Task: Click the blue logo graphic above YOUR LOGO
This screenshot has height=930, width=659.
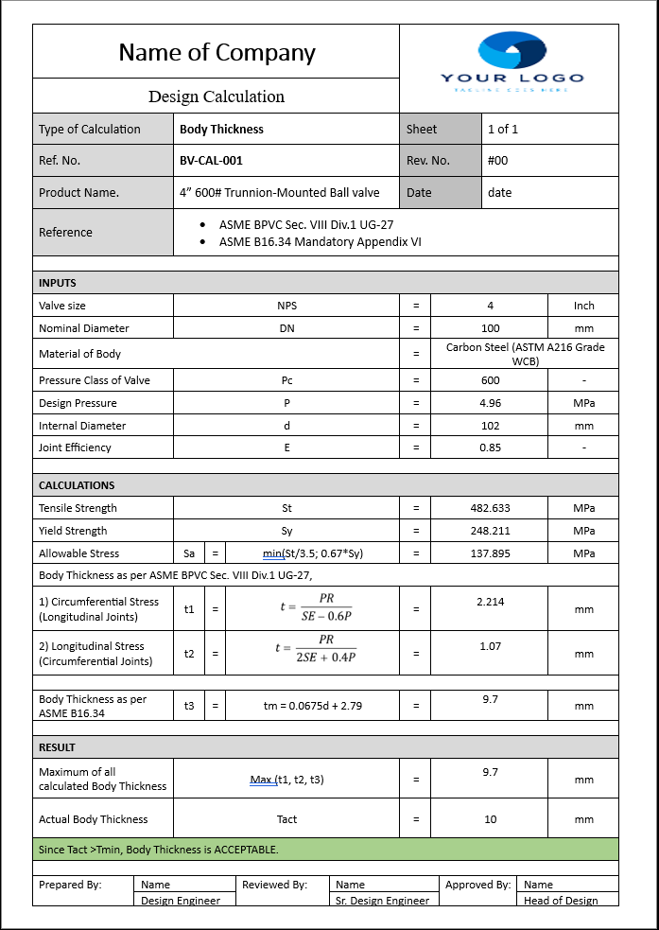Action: pos(512,51)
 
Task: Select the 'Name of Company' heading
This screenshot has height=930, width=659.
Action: pos(217,53)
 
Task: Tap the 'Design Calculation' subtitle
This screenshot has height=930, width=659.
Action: pos(217,97)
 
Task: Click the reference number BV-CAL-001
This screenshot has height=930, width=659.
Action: pos(211,161)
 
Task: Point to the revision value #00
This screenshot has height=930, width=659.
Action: pos(497,161)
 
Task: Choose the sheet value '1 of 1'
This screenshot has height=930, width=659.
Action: pos(503,130)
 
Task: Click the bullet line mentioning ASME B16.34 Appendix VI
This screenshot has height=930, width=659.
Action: pos(320,242)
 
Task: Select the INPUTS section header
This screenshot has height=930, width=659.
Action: pos(58,283)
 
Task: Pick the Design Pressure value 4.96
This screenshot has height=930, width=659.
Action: pos(490,403)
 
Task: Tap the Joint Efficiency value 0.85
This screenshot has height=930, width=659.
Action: pos(490,447)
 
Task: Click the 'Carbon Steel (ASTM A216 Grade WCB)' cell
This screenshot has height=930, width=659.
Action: pos(525,354)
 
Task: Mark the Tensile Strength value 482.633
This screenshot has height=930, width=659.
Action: pos(490,508)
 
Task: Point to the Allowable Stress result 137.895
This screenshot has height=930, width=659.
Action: pos(490,553)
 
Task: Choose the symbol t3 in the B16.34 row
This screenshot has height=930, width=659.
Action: pos(189,706)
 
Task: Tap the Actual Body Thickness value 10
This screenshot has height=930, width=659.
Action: pos(490,819)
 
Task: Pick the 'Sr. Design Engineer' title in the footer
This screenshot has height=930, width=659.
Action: pos(382,901)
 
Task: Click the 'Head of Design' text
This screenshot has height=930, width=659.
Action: pos(561,901)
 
